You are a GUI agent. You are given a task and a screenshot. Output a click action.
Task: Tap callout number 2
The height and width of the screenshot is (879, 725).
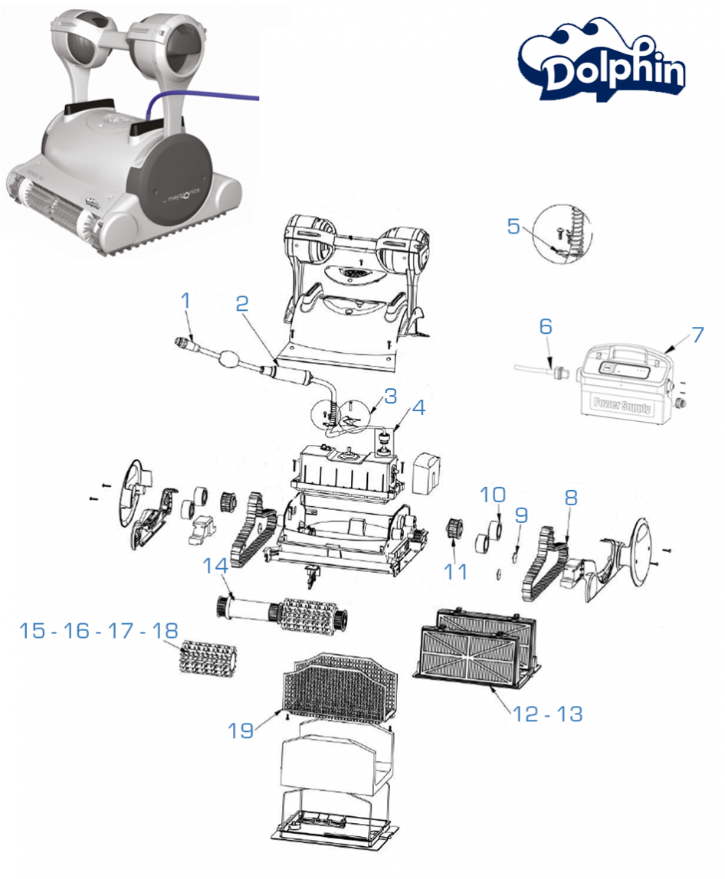click(x=243, y=303)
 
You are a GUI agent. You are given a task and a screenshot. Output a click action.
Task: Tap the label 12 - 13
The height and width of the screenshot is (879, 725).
click(x=548, y=714)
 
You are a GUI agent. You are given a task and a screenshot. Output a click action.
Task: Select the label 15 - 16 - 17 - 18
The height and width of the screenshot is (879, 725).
click(x=98, y=631)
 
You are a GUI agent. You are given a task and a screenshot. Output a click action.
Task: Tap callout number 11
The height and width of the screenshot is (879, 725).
click(x=456, y=570)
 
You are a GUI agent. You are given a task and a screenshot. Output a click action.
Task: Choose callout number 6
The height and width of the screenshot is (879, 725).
click(x=545, y=325)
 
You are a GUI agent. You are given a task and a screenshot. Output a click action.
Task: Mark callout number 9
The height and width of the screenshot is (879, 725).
click(x=521, y=515)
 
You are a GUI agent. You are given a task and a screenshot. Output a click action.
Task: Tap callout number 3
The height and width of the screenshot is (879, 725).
click(x=391, y=397)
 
